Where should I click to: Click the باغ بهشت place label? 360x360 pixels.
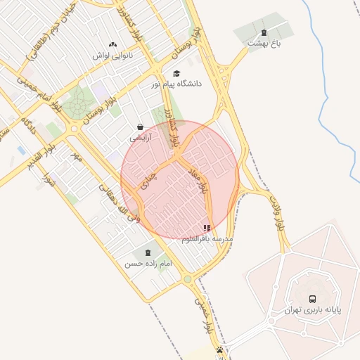264,44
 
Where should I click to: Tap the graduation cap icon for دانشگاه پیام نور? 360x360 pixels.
176,73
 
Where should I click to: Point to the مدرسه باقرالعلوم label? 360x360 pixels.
207,239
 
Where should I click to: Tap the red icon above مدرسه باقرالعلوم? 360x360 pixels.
207,228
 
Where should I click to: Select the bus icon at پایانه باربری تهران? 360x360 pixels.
313,299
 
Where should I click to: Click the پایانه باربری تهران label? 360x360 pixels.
313,310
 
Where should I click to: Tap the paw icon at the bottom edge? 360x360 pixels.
221,349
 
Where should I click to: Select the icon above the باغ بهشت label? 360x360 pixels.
264,32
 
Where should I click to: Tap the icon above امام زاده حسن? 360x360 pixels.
148,252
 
